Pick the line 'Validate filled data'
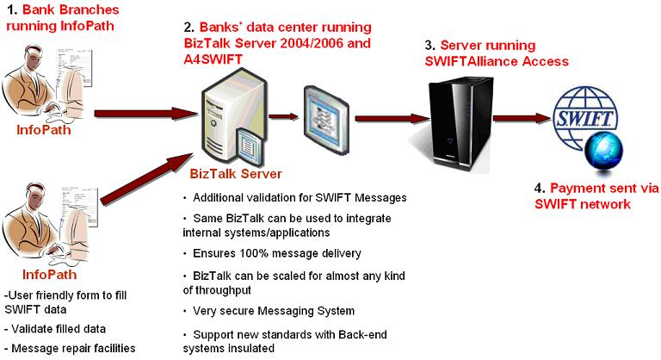[x=57, y=329]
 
